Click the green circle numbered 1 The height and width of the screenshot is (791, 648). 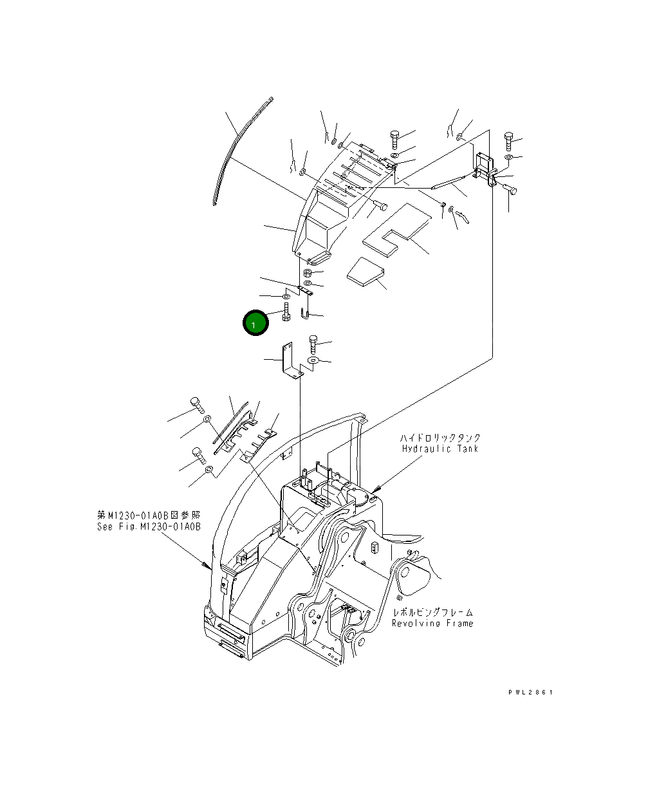click(x=255, y=322)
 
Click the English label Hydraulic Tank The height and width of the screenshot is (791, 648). click(x=440, y=449)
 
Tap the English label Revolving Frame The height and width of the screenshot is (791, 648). click(x=432, y=624)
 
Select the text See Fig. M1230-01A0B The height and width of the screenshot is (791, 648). click(x=149, y=526)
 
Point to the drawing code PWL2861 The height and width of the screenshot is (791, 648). click(x=531, y=693)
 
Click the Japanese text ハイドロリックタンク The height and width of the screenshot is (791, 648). click(x=440, y=438)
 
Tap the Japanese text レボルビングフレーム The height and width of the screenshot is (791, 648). click(x=432, y=613)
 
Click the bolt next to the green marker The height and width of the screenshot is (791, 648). click(x=286, y=312)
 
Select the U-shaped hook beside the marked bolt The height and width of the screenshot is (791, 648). click(x=305, y=313)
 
